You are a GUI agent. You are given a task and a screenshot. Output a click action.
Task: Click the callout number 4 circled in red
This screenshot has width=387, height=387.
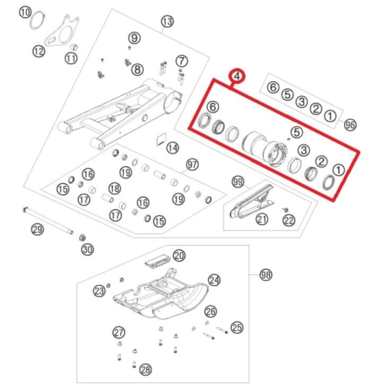click(x=237, y=76)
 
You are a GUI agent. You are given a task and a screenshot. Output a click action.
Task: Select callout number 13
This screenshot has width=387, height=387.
click(x=167, y=21)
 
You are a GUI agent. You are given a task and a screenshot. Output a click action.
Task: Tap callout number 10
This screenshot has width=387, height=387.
click(x=25, y=13)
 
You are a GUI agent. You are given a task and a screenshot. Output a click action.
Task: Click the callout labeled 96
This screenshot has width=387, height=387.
click(x=350, y=125)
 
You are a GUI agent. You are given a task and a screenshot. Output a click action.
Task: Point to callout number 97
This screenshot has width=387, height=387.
click(x=192, y=165)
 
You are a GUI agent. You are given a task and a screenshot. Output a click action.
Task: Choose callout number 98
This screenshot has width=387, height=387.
click(x=266, y=275)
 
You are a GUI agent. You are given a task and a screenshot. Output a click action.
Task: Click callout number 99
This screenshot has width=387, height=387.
click(x=238, y=182)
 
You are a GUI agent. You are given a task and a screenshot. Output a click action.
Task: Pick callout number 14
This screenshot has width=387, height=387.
click(x=173, y=148)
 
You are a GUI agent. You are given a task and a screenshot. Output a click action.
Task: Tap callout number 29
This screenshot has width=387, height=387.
click(x=37, y=230)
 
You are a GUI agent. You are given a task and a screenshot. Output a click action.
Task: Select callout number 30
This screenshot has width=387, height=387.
click(x=87, y=250)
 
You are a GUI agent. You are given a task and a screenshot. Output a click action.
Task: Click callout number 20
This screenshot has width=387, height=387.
click(x=179, y=255)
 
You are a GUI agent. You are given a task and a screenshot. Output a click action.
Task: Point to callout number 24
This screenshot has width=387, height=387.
click(x=214, y=280)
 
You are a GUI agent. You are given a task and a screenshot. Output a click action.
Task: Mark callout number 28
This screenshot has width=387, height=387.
click(x=145, y=369)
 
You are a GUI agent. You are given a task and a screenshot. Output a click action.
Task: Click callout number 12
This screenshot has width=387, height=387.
click(x=39, y=51)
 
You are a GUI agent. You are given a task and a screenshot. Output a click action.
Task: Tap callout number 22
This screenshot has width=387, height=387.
click(x=289, y=221)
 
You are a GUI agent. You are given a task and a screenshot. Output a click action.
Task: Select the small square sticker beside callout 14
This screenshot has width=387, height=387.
click(x=161, y=139)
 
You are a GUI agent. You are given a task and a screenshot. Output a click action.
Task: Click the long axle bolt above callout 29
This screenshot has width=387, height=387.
click(x=48, y=221)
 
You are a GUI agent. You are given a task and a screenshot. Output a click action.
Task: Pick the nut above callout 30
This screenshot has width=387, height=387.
click(x=82, y=238)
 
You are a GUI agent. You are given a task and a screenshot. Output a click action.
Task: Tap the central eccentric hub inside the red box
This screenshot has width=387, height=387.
click(x=265, y=149)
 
